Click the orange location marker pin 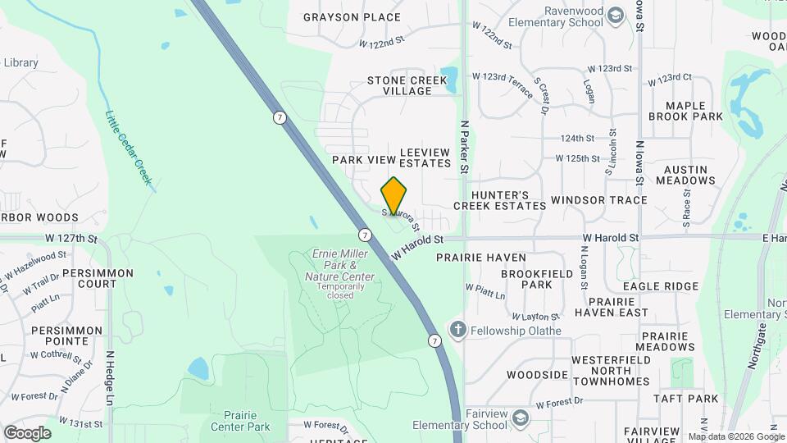tap(394, 196)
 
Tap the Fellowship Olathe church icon tap(457, 331)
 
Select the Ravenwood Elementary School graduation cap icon tap(615, 16)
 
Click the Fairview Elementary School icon tap(520, 419)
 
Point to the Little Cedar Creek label tap(129, 148)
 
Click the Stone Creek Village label tap(407, 85)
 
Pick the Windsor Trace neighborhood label tap(598, 200)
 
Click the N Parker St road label tap(464, 147)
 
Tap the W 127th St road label tap(71, 239)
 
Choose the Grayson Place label tap(352, 17)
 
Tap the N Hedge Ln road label tap(109, 379)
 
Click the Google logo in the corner tap(27, 433)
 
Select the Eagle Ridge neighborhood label tap(660, 286)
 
